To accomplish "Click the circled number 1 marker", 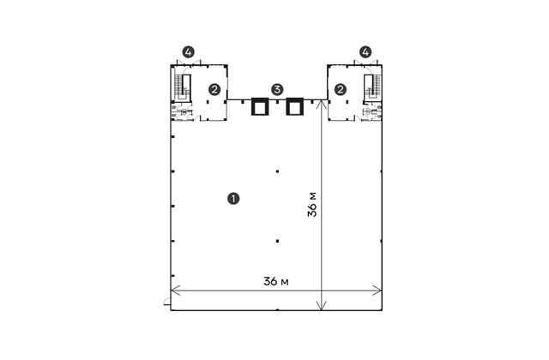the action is pos(233,199).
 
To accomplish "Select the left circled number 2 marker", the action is pos(214,89).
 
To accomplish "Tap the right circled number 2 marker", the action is pos(341,89).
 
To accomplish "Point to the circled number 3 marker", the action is pos(277,89).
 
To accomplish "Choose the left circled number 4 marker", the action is pos(189,52).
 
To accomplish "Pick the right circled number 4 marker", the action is pos(366,52).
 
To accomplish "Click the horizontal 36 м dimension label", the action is pos(276,281).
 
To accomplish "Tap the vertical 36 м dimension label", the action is pos(312,204).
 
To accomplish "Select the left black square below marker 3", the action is pos(260,106).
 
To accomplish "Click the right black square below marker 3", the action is pos(294,106).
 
